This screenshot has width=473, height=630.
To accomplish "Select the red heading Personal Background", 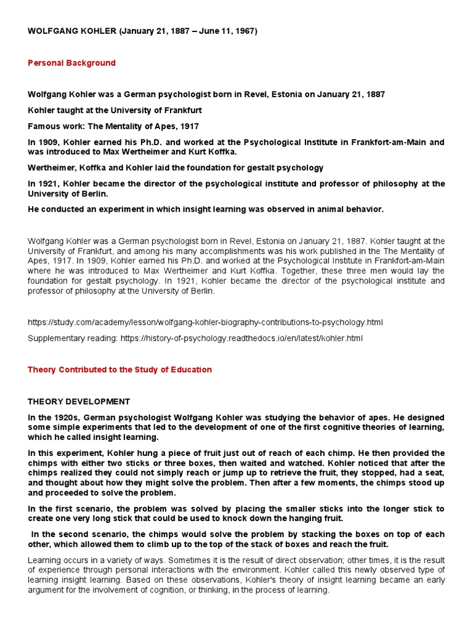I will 71,63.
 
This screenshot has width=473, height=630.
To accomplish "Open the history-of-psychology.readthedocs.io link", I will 242,338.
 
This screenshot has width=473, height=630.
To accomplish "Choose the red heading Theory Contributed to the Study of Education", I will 119,370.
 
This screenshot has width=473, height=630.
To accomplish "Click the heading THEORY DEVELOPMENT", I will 79,402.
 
